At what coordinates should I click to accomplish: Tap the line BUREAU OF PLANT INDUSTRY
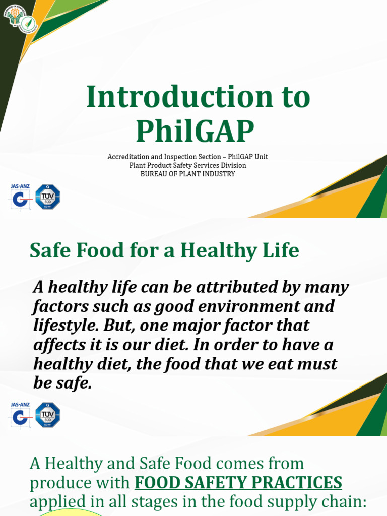point(187,174)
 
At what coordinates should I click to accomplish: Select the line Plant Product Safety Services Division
point(187,165)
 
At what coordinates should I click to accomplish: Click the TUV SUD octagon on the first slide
point(48,197)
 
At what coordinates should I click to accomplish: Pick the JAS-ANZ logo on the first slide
point(20,197)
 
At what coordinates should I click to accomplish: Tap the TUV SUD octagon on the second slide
point(48,415)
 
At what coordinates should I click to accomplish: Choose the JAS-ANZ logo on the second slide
point(20,415)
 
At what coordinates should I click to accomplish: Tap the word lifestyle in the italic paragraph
point(65,326)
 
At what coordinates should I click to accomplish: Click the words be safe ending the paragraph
point(62,383)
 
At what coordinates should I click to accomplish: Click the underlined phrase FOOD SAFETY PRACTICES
point(238,482)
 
